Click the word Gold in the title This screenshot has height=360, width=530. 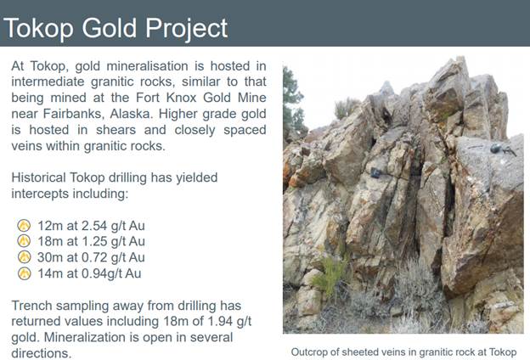(x=109, y=28)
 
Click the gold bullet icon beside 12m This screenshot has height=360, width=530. (x=24, y=226)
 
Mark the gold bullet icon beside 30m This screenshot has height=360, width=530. (x=24, y=257)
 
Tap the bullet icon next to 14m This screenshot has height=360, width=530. (x=24, y=273)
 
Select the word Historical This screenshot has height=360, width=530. (x=38, y=177)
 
